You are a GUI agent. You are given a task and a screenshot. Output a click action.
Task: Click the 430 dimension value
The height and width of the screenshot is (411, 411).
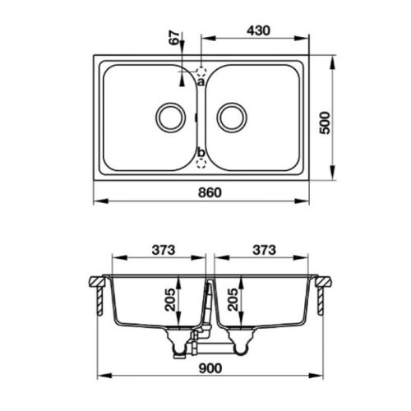256,29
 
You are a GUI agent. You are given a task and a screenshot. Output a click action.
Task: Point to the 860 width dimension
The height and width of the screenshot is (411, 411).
201,192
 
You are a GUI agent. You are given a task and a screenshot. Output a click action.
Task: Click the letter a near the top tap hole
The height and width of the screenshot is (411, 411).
200,81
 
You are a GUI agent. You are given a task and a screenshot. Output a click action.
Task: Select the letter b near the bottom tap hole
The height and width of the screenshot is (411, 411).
200,152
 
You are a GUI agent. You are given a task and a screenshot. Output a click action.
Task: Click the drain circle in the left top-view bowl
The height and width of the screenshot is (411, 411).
171,117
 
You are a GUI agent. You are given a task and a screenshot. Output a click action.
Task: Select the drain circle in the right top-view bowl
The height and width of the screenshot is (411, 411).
231,117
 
